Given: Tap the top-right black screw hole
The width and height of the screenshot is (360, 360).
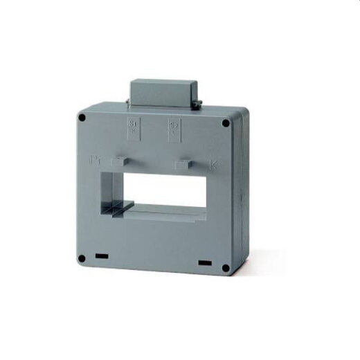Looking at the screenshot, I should [x=225, y=124].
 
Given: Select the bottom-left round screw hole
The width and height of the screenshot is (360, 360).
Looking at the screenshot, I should [x=82, y=258].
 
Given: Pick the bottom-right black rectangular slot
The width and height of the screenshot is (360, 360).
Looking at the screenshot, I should [x=205, y=262].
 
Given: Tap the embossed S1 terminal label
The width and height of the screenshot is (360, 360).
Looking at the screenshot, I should [x=134, y=126].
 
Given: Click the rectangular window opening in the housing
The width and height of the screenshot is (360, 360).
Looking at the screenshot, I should [x=166, y=190].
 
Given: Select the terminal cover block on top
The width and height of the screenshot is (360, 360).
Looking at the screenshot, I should [x=163, y=94].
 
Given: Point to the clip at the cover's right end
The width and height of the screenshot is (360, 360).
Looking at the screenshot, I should [x=199, y=104].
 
